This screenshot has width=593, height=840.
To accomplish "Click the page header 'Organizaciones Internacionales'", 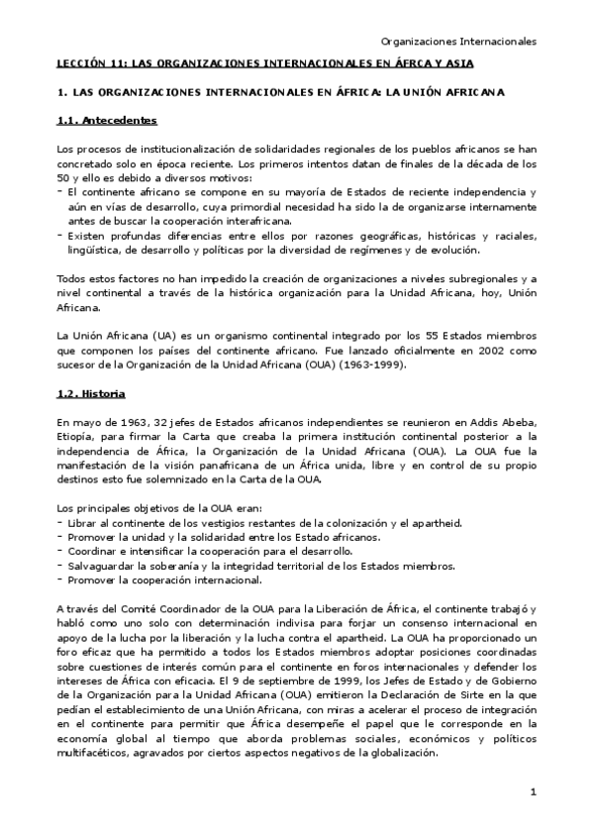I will click(x=458, y=42).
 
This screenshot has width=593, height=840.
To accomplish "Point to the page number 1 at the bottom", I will click(x=532, y=791).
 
